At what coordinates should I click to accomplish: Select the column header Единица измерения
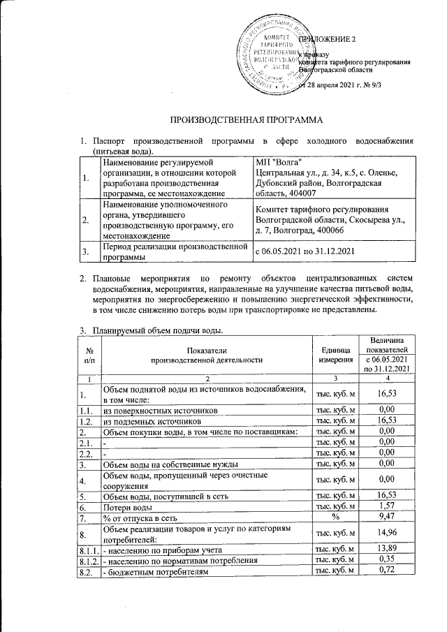pos(337,355)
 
